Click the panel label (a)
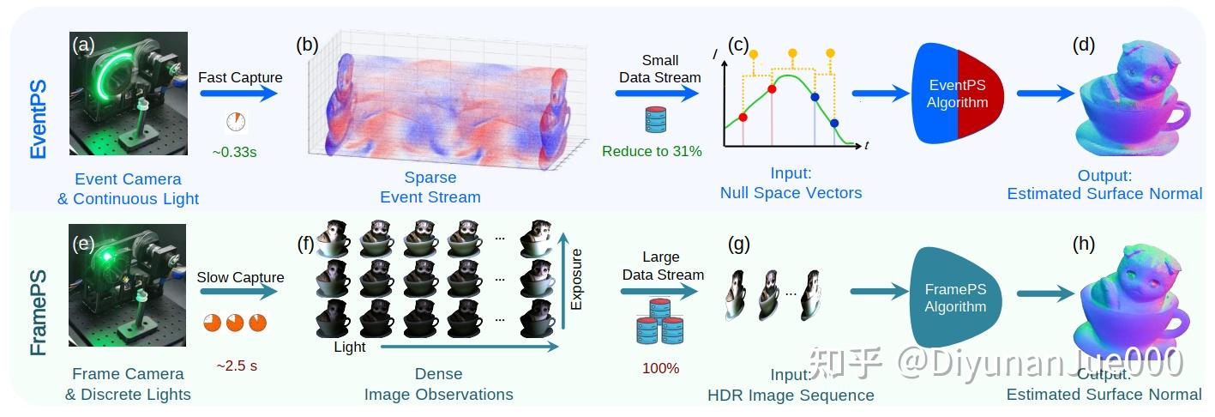[x=83, y=45]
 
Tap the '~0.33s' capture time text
[x=234, y=152]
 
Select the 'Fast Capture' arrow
[x=238, y=94]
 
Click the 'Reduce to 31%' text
[x=652, y=151]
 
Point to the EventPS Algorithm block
[x=958, y=94]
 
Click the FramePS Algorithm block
[x=955, y=298]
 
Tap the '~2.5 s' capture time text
[x=237, y=366]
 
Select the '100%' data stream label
[x=660, y=368]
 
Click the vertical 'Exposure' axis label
[x=576, y=280]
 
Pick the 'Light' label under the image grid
[x=349, y=347]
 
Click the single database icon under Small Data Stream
[x=656, y=120]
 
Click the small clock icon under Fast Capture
[x=236, y=122]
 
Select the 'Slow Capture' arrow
[x=238, y=292]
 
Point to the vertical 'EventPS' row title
[x=38, y=119]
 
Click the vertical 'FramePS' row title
[x=38, y=312]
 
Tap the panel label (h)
[x=1084, y=244]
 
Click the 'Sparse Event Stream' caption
[x=430, y=187]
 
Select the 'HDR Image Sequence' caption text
[x=791, y=396]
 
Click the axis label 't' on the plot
[x=867, y=145]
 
